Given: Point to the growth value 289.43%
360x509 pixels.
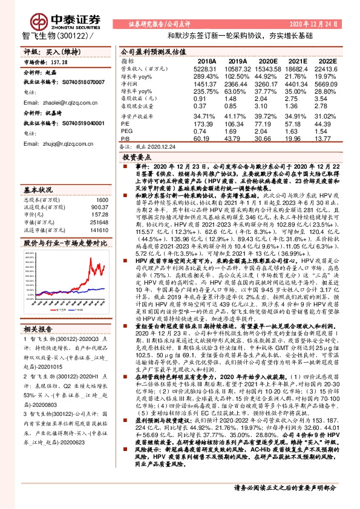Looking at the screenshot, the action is (205, 76).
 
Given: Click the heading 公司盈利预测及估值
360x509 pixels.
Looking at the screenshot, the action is (149, 52).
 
